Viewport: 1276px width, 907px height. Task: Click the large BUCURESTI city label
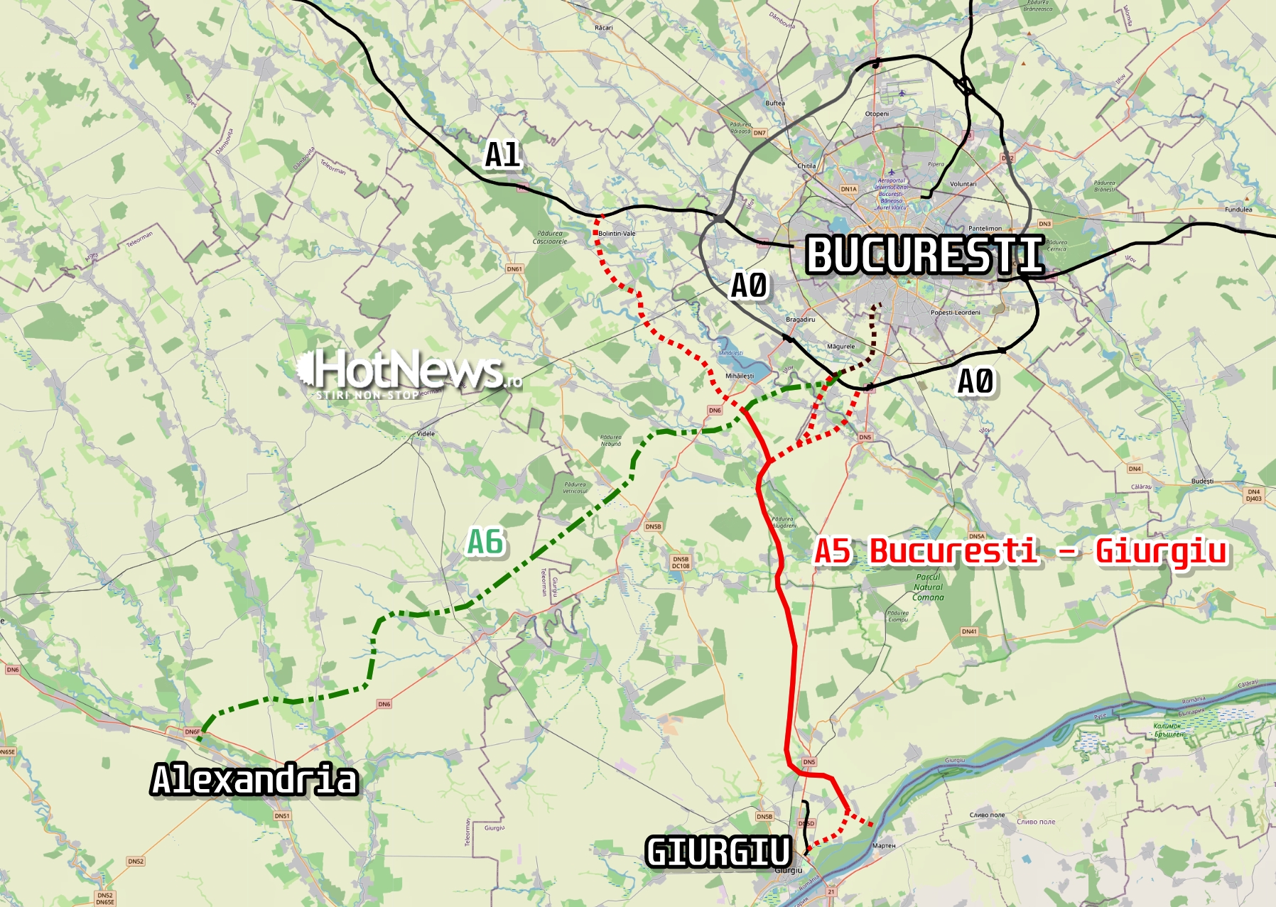(x=924, y=255)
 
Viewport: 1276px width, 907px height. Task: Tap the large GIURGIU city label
(x=718, y=852)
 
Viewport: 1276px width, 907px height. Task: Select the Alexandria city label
(x=254, y=779)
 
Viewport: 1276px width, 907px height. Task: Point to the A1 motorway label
(x=502, y=154)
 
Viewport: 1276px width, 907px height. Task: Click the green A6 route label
(x=485, y=542)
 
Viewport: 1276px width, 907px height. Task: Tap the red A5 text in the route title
(x=833, y=551)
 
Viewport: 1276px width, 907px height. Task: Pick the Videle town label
(x=426, y=433)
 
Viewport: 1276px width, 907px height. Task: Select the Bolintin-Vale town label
(x=617, y=233)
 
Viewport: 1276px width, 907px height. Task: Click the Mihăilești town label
(x=740, y=376)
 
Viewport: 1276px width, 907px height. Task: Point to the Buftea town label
(x=775, y=103)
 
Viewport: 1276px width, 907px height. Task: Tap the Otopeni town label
(x=877, y=114)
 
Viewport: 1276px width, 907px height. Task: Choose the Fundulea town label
(x=1238, y=210)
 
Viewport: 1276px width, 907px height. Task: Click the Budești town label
(x=1202, y=481)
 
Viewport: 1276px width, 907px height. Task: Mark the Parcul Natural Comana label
(x=928, y=587)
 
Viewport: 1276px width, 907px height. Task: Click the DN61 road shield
(x=514, y=269)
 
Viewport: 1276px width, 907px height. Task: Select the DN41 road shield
(x=969, y=631)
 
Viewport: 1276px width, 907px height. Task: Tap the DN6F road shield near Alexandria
(x=192, y=732)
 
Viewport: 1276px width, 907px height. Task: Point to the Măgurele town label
(x=840, y=347)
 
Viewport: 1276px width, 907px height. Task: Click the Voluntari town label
(x=963, y=184)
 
